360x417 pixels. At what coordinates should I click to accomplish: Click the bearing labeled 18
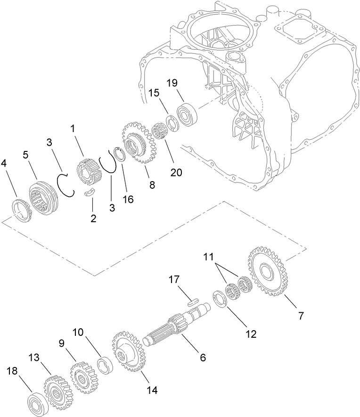pos(37,403)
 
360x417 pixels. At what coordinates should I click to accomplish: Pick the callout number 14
pos(152,390)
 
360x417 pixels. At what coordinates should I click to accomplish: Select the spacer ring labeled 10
pos(104,366)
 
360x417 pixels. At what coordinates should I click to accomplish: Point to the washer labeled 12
pos(220,300)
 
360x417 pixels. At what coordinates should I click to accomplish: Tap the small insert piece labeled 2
pos(90,192)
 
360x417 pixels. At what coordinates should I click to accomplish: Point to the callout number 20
pos(176,172)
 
